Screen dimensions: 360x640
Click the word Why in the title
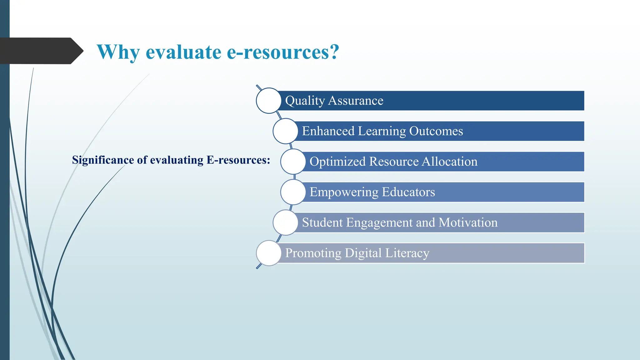(x=118, y=52)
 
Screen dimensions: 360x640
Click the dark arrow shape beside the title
(x=41, y=51)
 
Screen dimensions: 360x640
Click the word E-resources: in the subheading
(x=238, y=160)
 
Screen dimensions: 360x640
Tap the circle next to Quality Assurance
(x=268, y=101)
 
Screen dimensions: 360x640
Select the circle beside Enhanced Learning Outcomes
(x=285, y=131)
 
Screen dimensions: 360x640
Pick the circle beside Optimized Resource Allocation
(x=293, y=162)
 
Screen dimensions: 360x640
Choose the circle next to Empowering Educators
(x=293, y=192)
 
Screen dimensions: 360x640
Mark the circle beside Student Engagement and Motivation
(x=285, y=222)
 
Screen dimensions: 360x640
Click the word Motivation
(x=468, y=222)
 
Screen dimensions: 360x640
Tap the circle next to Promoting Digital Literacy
(x=268, y=253)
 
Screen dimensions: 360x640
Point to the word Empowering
(x=344, y=192)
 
